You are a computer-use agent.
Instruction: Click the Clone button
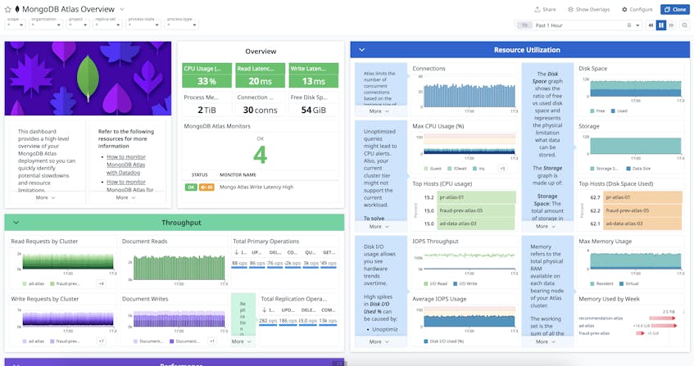pyautogui.click(x=675, y=9)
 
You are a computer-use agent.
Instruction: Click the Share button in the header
pyautogui.click(x=545, y=9)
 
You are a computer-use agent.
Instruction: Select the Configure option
pyautogui.click(x=637, y=9)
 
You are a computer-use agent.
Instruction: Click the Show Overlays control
pyautogui.click(x=589, y=9)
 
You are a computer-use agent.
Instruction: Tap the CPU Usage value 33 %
pyautogui.click(x=206, y=81)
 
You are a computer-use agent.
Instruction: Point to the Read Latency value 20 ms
pyautogui.click(x=260, y=81)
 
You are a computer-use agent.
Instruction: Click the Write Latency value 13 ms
pyautogui.click(x=312, y=81)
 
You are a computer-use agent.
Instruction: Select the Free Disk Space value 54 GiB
pyautogui.click(x=312, y=110)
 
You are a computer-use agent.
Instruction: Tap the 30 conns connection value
pyautogui.click(x=260, y=110)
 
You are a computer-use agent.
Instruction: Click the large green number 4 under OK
pyautogui.click(x=260, y=155)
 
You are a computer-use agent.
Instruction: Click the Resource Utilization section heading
pyautogui.click(x=527, y=50)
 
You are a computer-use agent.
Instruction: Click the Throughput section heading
pyautogui.click(x=181, y=223)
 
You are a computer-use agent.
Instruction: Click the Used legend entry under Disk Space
pyautogui.click(x=620, y=111)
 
